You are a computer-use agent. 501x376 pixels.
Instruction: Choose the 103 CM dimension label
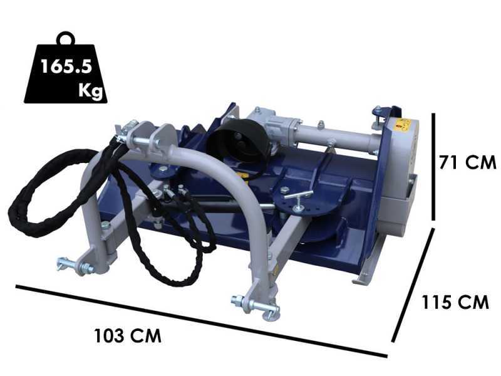tap(128, 335)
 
